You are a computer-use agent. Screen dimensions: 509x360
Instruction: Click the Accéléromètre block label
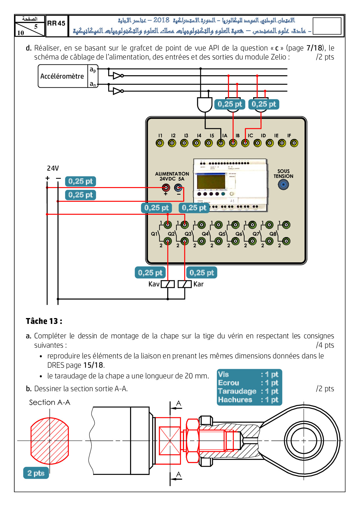(x=62, y=76)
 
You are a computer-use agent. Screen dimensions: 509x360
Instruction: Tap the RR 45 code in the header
(x=56, y=24)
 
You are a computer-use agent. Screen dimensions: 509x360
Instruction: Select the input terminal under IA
(x=221, y=143)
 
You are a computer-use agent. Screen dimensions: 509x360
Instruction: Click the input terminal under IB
(x=233, y=143)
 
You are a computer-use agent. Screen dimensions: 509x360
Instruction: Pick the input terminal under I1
(x=160, y=143)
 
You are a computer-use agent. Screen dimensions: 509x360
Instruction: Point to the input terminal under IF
(x=294, y=143)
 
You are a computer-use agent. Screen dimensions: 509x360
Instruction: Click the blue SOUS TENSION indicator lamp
(x=283, y=185)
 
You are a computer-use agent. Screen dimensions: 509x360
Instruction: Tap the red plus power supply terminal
(x=166, y=188)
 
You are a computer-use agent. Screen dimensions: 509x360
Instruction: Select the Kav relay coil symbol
(x=168, y=284)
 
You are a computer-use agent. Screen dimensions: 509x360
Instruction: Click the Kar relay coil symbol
(x=185, y=284)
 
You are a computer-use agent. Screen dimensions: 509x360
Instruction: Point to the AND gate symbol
(x=204, y=104)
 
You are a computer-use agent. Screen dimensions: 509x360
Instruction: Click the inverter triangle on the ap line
(x=117, y=76)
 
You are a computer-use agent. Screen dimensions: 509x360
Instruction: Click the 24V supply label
(x=53, y=168)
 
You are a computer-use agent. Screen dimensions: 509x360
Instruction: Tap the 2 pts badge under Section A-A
(x=36, y=473)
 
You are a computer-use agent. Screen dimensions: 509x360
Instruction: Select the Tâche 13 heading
(x=44, y=321)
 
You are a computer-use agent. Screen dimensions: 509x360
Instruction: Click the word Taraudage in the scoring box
(x=237, y=391)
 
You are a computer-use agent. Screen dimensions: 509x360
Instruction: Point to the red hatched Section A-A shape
(x=50, y=441)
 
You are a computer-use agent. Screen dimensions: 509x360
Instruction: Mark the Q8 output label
(x=273, y=234)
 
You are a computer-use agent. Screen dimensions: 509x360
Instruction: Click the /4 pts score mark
(x=325, y=345)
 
